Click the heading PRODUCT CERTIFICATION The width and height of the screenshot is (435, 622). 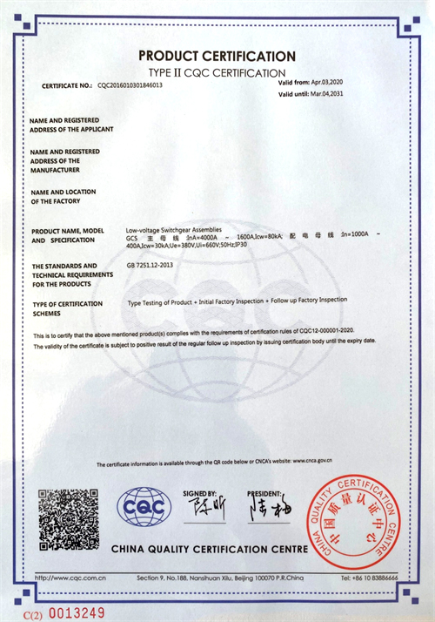[217, 56]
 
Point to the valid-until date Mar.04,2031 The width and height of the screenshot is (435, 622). [334, 93]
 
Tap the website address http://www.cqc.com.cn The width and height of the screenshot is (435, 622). [70, 578]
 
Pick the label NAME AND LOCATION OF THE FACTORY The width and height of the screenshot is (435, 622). [63, 196]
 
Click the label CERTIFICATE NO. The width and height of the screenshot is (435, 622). [66, 85]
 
